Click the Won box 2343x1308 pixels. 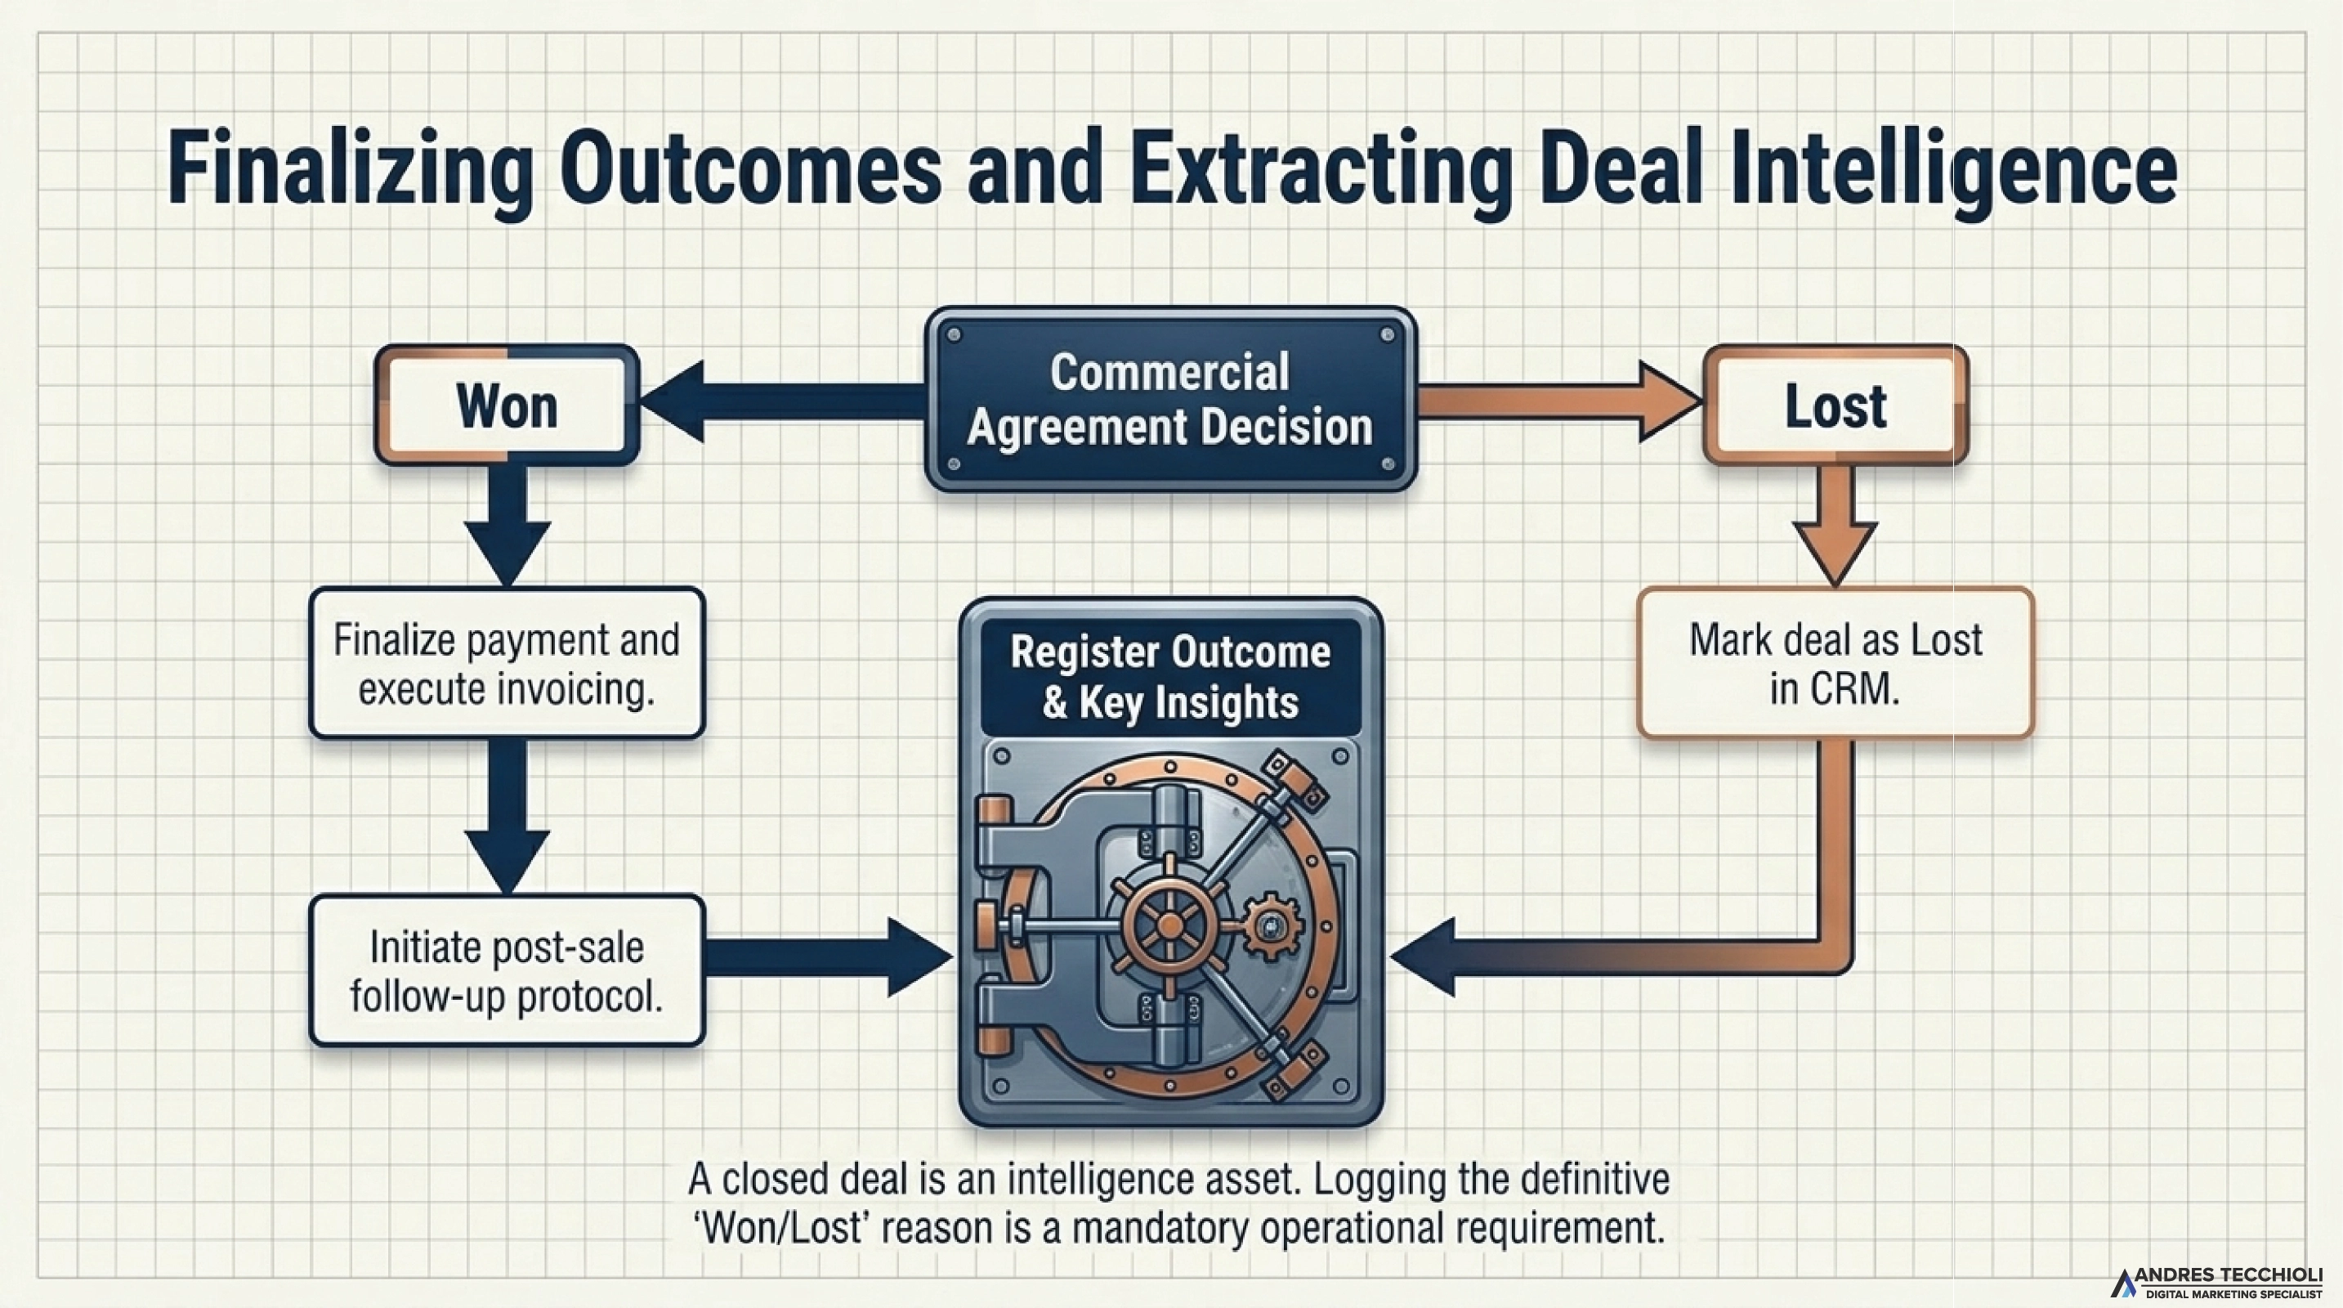(x=507, y=405)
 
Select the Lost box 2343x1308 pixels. (x=1835, y=405)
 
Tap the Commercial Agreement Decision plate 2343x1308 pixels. (x=1169, y=399)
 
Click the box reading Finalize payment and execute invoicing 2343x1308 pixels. (x=507, y=663)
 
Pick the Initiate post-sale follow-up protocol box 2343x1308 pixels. (x=507, y=970)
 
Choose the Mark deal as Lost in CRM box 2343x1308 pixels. (x=1835, y=663)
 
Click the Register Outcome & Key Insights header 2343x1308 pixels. (x=1169, y=677)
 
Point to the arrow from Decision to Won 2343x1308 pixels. (x=773, y=401)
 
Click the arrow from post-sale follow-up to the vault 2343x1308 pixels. (x=828, y=957)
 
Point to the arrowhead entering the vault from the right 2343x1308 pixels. (x=1428, y=957)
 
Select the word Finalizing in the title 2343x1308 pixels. (x=350, y=171)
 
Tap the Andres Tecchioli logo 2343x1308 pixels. (x=2216, y=1283)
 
